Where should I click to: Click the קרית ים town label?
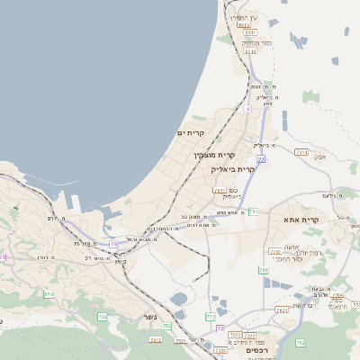coord(191,133)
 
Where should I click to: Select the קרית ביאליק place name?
coord(233,168)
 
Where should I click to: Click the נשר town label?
coord(149,317)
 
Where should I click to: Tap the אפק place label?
coord(319,156)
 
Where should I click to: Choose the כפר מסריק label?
coord(256,42)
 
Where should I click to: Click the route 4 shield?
coord(247,108)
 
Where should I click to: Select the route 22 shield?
coord(261,158)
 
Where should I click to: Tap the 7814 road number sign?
coord(301,153)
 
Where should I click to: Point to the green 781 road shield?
coord(254,211)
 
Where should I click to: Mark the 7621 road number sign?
coord(282,310)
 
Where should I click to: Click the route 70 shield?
coord(220,328)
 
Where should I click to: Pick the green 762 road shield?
coord(301,343)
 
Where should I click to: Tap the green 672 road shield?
coord(48,294)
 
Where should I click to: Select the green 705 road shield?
coord(103,317)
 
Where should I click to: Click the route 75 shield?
coord(113,244)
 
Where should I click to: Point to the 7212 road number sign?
coord(156,339)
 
